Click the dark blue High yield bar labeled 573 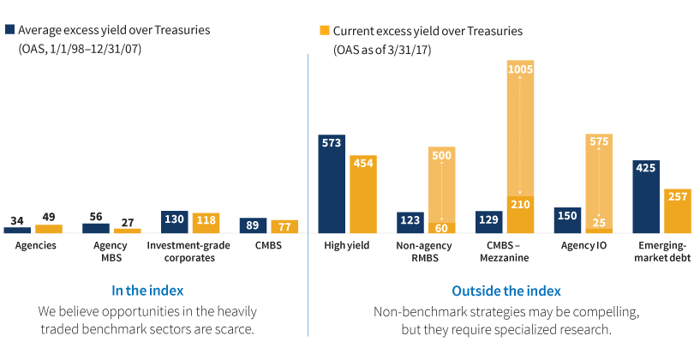click(x=332, y=184)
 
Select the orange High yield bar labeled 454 click(x=363, y=195)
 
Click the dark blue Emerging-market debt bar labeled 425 click(x=646, y=197)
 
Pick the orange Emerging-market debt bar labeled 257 click(x=678, y=211)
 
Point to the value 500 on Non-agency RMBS click(x=442, y=156)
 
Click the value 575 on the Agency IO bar click(x=599, y=143)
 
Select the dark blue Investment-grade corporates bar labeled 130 click(x=175, y=222)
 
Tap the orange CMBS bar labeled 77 click(x=284, y=226)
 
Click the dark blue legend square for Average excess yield click(x=10, y=30)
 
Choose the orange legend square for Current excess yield click(x=325, y=31)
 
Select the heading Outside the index click(x=507, y=291)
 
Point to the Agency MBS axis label click(x=111, y=251)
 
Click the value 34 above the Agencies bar click(x=17, y=220)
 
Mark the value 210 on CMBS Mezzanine click(x=521, y=204)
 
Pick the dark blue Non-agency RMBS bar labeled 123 click(x=410, y=222)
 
